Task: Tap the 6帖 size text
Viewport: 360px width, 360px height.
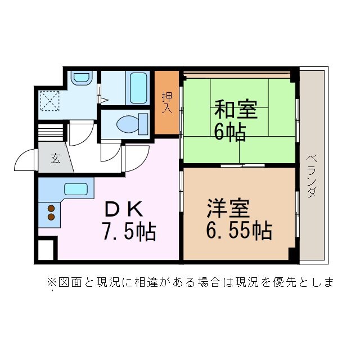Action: (229, 132)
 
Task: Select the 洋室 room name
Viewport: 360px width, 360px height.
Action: (228, 209)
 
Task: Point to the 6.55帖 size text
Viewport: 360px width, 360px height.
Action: (238, 231)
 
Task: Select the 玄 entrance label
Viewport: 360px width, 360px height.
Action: (55, 159)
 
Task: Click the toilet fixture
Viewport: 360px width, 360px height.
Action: (130, 123)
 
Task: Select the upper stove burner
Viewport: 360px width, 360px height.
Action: (51, 207)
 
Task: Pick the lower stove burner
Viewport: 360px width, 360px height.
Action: (51, 217)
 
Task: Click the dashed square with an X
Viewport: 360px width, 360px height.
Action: (51, 101)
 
